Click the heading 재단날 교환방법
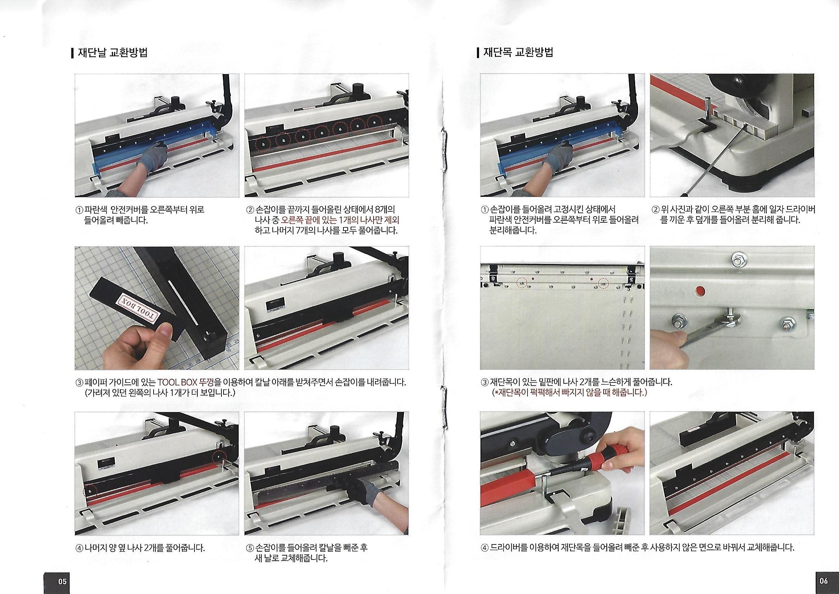click(113, 53)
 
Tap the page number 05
click(62, 581)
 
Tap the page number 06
click(823, 580)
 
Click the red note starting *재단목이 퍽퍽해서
click(569, 393)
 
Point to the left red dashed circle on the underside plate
click(522, 283)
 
